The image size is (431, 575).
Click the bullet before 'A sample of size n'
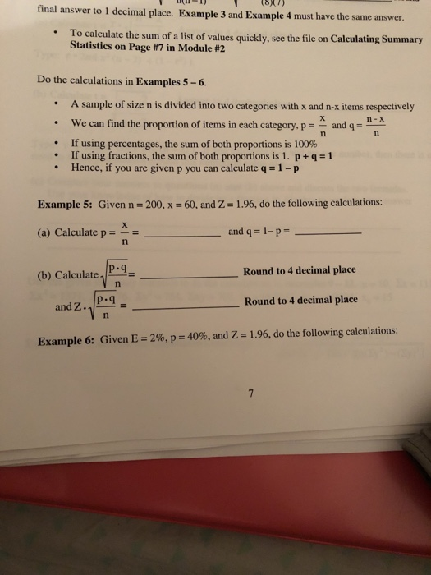coord(53,106)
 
